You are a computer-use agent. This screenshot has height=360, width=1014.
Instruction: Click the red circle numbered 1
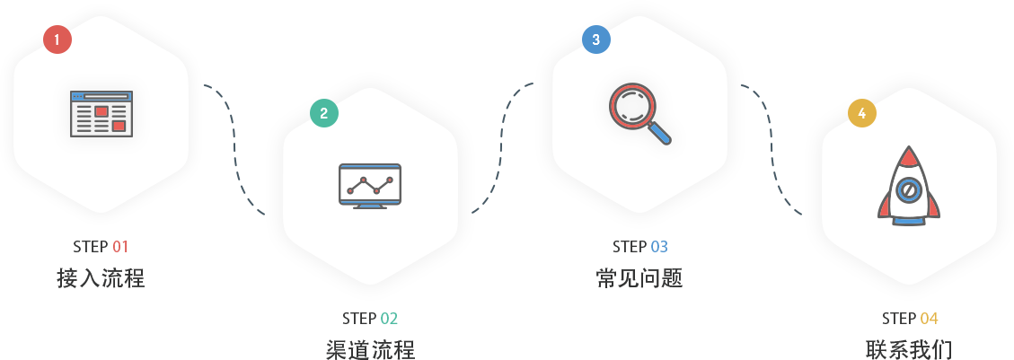pos(57,40)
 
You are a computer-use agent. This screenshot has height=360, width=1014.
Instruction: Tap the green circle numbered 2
pos(324,112)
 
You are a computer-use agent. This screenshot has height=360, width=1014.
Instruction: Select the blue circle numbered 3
pos(596,40)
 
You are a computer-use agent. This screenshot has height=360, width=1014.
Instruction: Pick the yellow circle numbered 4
pos(862,112)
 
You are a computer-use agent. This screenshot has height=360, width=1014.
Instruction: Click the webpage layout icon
pos(101,113)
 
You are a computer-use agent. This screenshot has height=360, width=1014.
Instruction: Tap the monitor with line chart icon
pos(370,186)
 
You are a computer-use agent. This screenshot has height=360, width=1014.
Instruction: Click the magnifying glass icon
pos(639,112)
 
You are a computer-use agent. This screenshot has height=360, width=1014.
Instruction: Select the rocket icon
pos(909,186)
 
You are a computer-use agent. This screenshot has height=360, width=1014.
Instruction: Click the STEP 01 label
pos(101,247)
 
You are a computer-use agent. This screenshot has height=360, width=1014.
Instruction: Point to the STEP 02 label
pos(370,319)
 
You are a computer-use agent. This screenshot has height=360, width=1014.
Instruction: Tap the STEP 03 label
pos(640,247)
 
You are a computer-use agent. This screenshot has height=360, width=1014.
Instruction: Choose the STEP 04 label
pos(910,319)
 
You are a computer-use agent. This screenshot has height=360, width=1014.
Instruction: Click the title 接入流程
pos(101,277)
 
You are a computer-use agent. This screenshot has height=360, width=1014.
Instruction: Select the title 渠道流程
pos(370,349)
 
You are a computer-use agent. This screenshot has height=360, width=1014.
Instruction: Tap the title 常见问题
pos(639,277)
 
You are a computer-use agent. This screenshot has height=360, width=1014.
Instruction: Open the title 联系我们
pos(909,349)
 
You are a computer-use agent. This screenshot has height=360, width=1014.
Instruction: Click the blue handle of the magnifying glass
pos(660,134)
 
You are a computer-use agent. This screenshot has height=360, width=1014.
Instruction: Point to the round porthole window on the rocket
pos(909,190)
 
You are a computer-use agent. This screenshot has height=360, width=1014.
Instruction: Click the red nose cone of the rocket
pos(909,158)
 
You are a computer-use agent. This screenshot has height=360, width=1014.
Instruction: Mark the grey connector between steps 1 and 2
pos(234,149)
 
